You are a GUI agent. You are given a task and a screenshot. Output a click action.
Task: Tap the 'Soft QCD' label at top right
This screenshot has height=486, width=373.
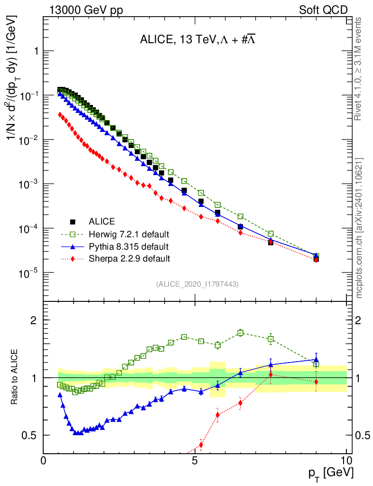pyautogui.click(x=323, y=10)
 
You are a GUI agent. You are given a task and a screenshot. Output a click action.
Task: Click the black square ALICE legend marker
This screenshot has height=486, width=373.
pyautogui.click(x=73, y=222)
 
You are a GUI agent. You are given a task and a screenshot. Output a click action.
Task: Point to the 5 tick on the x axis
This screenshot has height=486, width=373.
pyautogui.click(x=195, y=460)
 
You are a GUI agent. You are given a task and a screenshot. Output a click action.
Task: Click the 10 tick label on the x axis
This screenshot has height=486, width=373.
pyautogui.click(x=346, y=460)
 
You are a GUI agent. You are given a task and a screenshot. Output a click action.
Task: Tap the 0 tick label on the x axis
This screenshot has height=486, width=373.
pyautogui.click(x=44, y=460)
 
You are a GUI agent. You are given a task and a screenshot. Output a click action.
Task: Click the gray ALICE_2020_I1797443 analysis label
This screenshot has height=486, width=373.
pyautogui.click(x=197, y=284)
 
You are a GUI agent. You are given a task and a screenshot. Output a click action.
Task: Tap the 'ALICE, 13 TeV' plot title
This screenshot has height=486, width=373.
pyautogui.click(x=199, y=40)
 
